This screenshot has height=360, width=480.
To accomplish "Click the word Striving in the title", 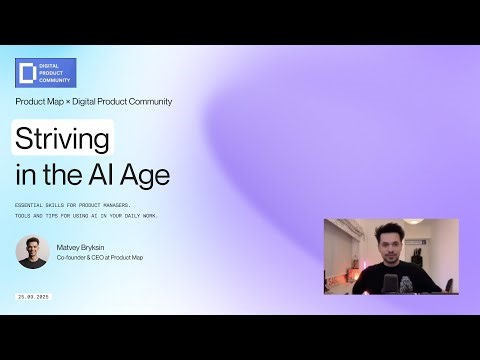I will pyautogui.click(x=62, y=137).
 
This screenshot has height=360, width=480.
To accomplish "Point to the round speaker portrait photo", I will pyautogui.click(x=32, y=252).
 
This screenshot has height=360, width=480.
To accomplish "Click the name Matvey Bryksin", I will pyautogui.click(x=79, y=245).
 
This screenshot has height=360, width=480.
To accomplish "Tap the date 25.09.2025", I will pyautogui.click(x=33, y=297).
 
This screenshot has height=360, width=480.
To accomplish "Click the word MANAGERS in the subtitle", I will pyautogui.click(x=127, y=204).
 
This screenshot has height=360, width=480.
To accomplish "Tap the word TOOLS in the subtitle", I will pyautogui.click(x=24, y=215).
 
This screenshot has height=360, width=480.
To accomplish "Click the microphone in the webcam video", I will pyautogui.click(x=408, y=283).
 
